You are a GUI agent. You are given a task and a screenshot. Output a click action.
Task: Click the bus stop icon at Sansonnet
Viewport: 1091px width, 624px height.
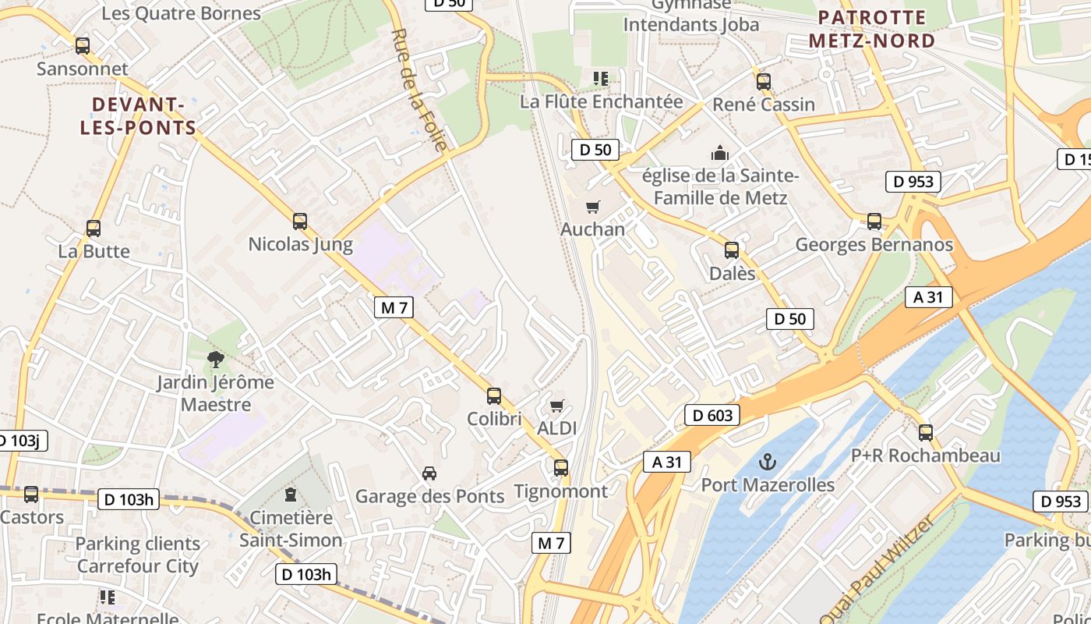(x=83, y=46)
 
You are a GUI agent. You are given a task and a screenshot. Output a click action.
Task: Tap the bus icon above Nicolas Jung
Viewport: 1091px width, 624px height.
(x=300, y=222)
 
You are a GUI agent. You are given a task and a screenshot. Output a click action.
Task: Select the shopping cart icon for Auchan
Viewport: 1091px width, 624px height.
(x=593, y=207)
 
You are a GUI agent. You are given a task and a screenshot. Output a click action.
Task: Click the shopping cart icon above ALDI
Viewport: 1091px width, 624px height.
(x=556, y=406)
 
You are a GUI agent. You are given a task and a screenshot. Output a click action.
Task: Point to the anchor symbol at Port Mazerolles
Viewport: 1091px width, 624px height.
(x=768, y=462)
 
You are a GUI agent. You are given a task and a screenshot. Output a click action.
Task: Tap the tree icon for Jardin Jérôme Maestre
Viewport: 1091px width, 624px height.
(x=216, y=360)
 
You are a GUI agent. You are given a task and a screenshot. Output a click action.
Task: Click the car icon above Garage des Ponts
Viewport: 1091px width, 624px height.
(x=429, y=473)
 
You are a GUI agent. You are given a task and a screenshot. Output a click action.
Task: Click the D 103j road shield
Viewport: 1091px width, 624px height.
(x=21, y=441)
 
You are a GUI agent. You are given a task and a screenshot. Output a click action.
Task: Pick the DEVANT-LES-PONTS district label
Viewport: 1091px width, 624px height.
(x=138, y=116)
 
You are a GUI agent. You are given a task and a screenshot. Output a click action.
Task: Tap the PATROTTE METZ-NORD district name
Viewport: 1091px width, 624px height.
(x=872, y=29)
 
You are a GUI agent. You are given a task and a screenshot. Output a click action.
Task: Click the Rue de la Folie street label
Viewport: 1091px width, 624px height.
(x=420, y=90)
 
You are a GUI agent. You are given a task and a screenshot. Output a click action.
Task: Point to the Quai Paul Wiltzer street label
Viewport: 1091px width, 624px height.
(x=876, y=570)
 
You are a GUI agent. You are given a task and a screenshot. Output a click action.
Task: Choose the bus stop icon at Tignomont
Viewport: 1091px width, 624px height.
(x=561, y=468)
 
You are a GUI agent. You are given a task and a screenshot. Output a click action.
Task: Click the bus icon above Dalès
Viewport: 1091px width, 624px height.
(x=732, y=250)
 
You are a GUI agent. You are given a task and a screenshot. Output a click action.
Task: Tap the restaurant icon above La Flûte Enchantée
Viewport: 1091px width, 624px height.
(x=601, y=78)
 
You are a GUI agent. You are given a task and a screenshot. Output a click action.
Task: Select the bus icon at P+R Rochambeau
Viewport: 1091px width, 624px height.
(x=926, y=432)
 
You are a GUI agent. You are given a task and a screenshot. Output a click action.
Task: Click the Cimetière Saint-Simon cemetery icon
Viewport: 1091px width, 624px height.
(x=291, y=494)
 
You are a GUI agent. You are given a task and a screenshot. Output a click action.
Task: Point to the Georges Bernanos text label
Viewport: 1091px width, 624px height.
(x=874, y=245)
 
